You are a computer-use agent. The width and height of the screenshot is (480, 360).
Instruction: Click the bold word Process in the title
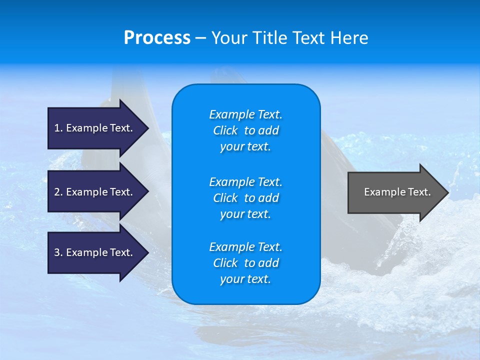click(x=157, y=38)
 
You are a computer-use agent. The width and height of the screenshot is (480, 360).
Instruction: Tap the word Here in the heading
click(x=348, y=38)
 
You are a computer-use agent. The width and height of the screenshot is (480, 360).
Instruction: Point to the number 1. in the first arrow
click(x=58, y=128)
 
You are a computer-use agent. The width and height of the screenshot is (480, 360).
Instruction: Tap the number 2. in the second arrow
click(x=58, y=192)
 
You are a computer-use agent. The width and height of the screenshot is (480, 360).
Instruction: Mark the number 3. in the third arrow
click(x=58, y=252)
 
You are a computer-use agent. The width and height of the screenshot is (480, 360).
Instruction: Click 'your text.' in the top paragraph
click(x=245, y=147)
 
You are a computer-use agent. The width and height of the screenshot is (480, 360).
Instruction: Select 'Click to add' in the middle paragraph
click(x=245, y=198)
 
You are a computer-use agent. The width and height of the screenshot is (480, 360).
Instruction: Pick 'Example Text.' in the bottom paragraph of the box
click(x=245, y=247)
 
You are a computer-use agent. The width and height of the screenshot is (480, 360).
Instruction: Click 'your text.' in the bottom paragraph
click(x=245, y=279)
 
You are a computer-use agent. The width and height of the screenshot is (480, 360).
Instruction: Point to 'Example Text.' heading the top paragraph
click(x=245, y=114)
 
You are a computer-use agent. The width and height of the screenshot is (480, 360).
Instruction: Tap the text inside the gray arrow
click(x=397, y=192)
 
